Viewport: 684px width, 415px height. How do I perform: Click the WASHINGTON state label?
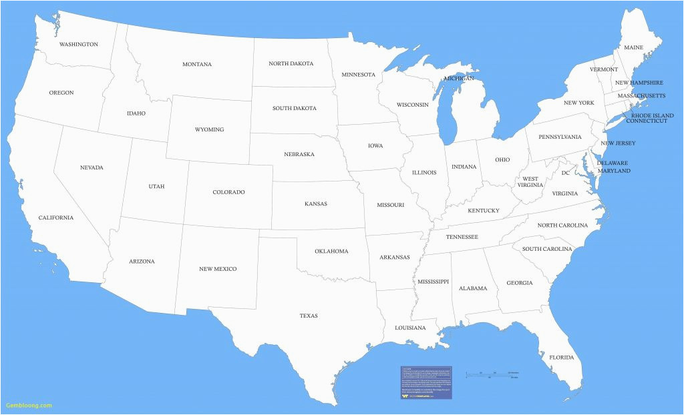coord(78,45)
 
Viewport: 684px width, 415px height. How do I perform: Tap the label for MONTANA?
coord(197,65)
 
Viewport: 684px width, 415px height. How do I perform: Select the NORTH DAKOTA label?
coord(291,64)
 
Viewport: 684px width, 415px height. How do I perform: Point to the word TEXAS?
coord(309,316)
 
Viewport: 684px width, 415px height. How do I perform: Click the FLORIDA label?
coord(561,358)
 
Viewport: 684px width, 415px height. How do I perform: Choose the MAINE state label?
coord(633,48)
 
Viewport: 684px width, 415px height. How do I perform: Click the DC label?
coord(565,173)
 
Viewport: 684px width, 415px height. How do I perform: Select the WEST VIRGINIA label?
coord(530,182)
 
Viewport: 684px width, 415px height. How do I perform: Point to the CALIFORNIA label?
coord(55,218)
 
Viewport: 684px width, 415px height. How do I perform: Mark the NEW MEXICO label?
coord(218,269)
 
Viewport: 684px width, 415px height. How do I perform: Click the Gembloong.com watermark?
coord(29,405)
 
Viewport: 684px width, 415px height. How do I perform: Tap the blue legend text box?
coord(426,382)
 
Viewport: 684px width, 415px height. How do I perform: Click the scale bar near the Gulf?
coord(493,374)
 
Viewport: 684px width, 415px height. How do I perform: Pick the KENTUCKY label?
coord(483,211)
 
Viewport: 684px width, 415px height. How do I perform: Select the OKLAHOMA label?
coord(331,252)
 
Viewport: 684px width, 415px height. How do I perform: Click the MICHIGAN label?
coord(459,79)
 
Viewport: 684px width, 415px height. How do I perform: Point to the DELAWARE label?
coord(613,163)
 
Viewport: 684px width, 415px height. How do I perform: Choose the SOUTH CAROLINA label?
coord(547,249)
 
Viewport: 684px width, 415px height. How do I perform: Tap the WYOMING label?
coord(209,129)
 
